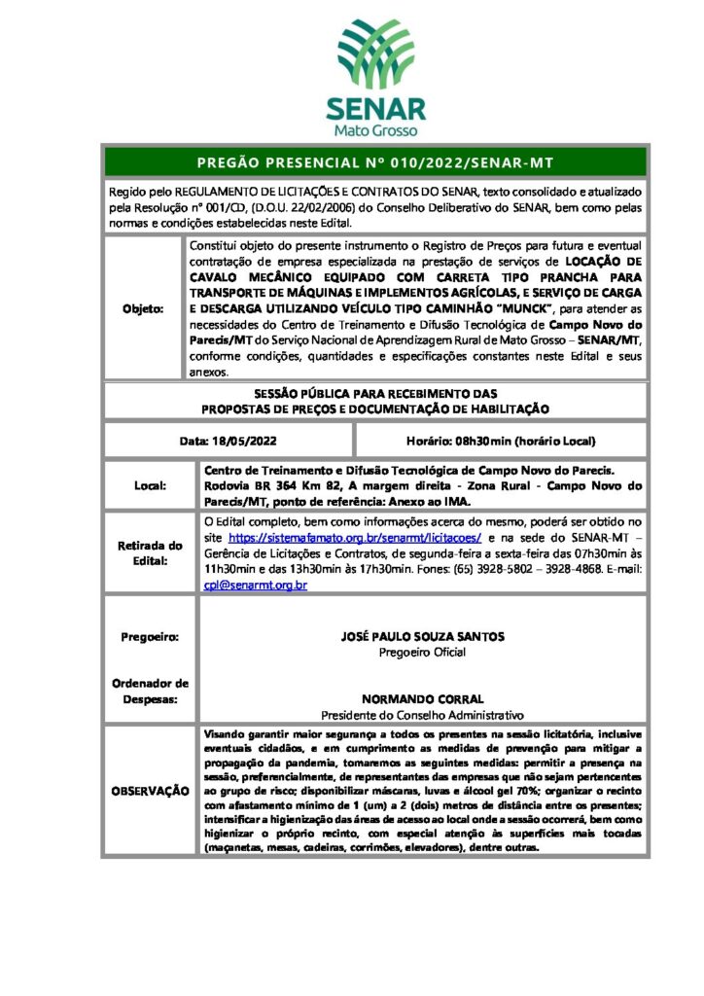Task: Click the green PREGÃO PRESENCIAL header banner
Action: (x=374, y=161)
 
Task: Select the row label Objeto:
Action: (x=143, y=308)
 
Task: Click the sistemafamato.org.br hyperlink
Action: (x=355, y=537)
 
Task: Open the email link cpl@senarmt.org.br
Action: (x=255, y=586)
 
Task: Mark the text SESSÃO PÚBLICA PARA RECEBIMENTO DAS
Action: (x=374, y=393)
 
